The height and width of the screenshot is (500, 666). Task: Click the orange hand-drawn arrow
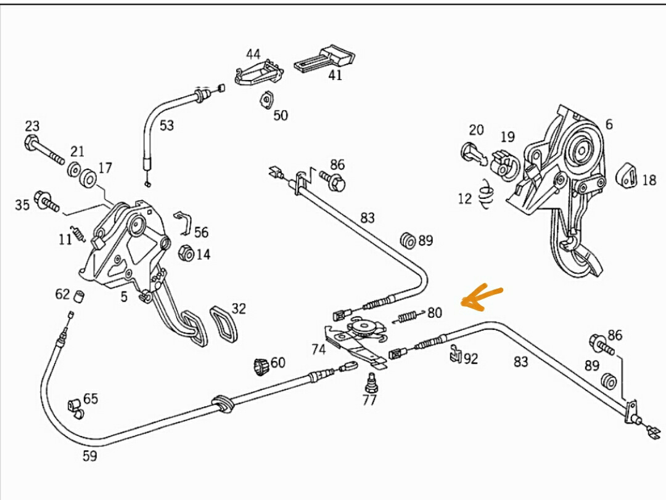[482, 297]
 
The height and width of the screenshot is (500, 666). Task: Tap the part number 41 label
[334, 75]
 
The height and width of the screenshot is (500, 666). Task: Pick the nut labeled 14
[186, 253]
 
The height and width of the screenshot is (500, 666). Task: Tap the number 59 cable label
[90, 456]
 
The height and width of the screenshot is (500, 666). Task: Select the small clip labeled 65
[75, 407]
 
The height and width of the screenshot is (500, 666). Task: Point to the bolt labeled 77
[371, 383]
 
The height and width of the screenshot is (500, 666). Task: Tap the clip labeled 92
[454, 354]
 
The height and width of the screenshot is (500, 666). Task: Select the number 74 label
[318, 350]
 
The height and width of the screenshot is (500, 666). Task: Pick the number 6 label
[609, 124]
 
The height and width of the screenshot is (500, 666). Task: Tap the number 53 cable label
[166, 126]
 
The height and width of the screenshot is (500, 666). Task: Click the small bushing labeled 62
[79, 296]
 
